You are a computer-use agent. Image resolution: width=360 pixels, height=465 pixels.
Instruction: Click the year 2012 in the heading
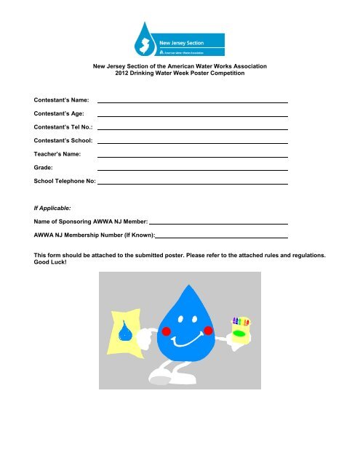click(129, 73)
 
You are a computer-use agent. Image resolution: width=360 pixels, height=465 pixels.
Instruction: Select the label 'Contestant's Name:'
click(61, 98)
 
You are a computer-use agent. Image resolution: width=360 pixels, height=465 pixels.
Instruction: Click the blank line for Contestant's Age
click(193, 116)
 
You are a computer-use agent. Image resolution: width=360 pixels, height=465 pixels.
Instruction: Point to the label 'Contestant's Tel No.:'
click(63, 126)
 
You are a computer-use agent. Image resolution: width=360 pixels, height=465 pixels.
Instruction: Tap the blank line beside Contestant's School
click(193, 144)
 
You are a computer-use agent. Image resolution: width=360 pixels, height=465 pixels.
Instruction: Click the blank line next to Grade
click(193, 171)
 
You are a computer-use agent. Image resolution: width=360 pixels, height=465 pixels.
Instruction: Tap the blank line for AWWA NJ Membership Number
click(222, 237)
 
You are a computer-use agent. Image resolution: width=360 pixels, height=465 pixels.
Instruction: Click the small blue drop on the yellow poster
click(126, 333)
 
